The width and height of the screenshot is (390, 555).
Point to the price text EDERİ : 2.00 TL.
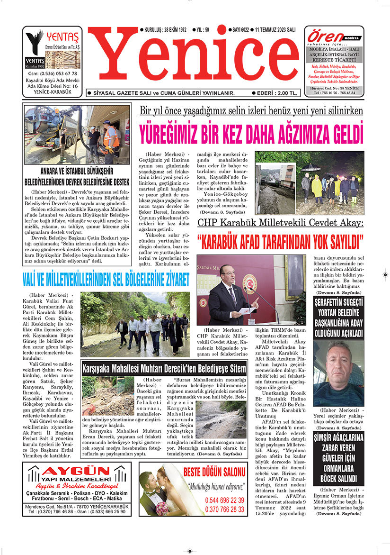coord(275,93)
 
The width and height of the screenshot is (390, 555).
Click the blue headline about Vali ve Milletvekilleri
coord(106,280)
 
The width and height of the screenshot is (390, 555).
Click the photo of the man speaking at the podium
coord(244,290)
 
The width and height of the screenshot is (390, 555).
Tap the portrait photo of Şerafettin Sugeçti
coord(338,373)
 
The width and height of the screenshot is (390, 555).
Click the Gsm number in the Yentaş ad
coord(52,73)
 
